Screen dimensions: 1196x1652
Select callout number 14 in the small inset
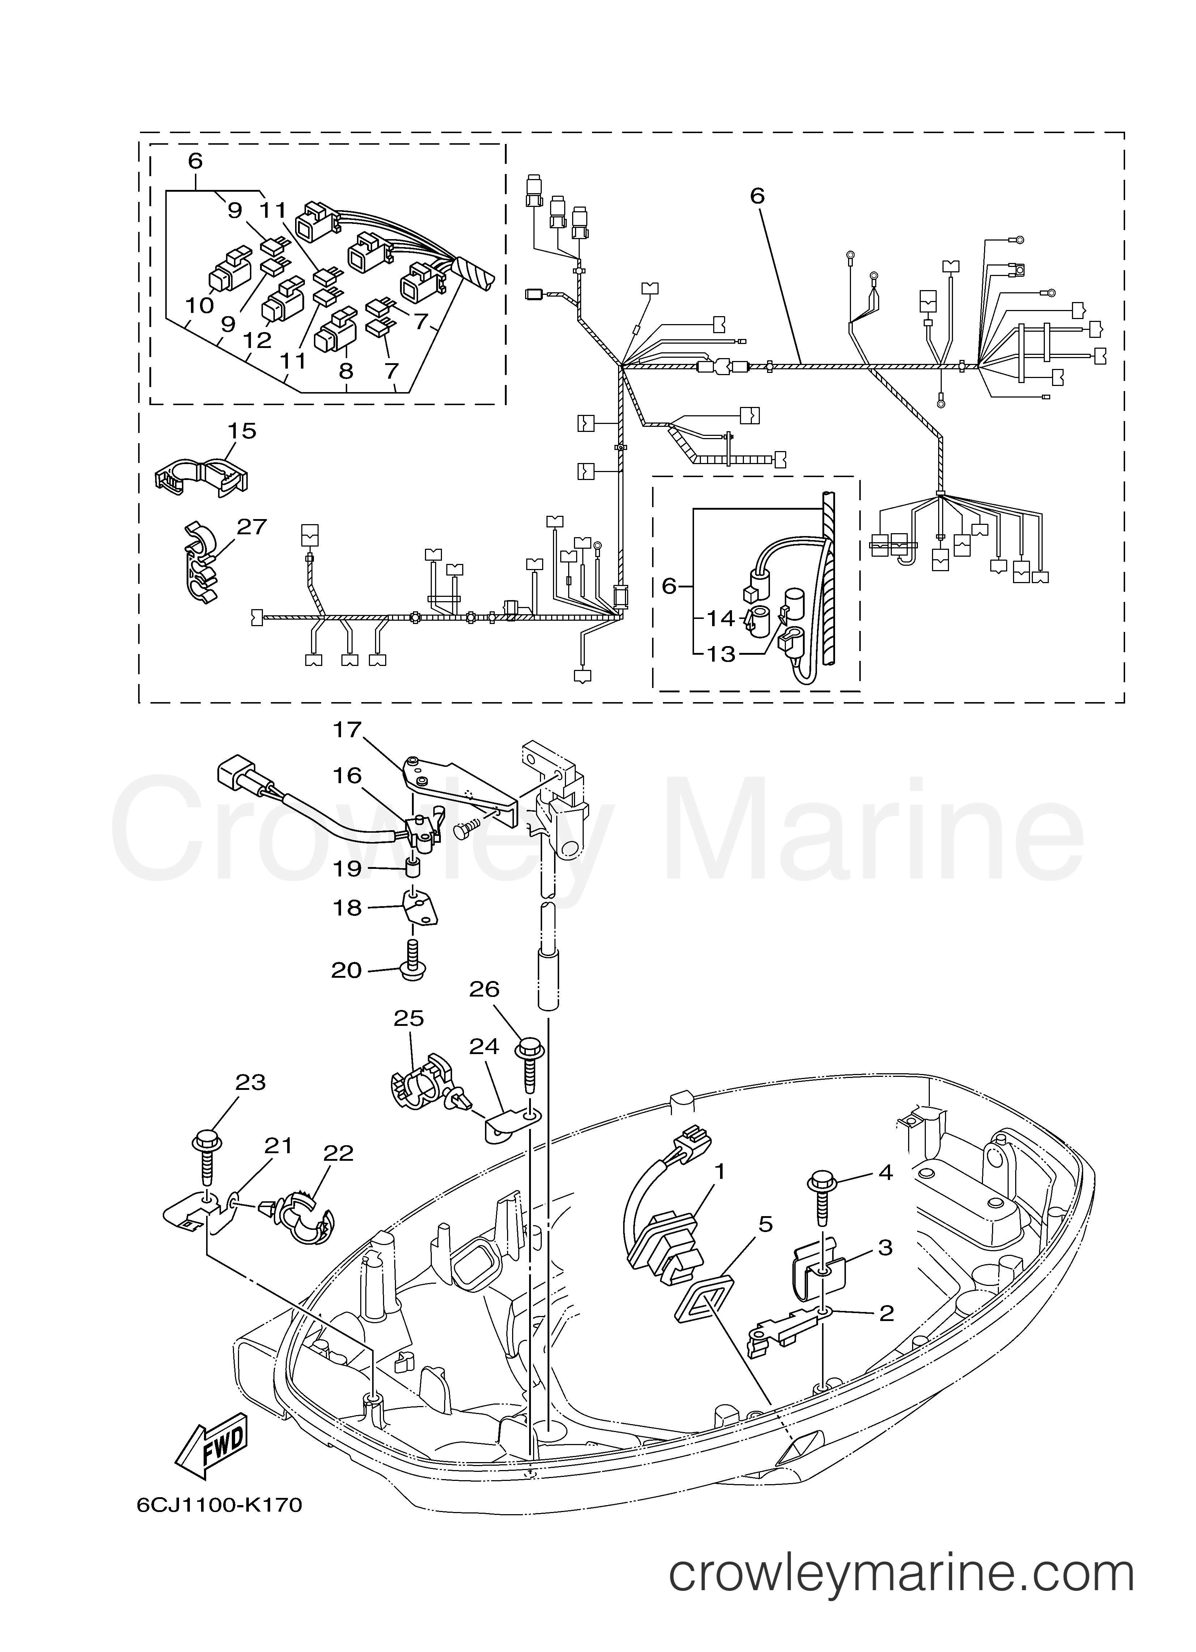[721, 619]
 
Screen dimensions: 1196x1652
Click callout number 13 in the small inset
[721, 654]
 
